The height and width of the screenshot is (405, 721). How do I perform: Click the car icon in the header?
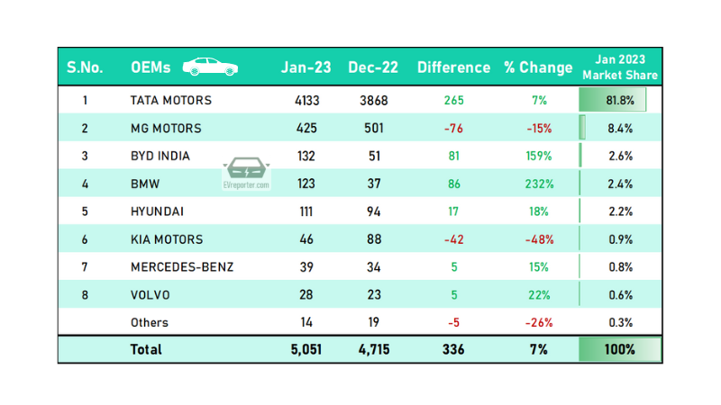210,67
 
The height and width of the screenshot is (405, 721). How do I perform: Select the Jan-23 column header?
305,67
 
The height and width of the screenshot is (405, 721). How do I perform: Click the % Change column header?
538,67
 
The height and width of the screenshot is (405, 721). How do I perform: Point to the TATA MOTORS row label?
171,100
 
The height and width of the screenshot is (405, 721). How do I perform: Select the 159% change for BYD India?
539,156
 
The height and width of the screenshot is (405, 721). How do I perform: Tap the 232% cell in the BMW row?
539,184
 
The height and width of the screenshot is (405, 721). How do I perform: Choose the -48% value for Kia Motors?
539,239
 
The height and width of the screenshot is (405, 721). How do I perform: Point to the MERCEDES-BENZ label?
182,267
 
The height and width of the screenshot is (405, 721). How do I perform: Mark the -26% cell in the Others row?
539,322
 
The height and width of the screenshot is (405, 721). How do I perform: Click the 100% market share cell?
620,349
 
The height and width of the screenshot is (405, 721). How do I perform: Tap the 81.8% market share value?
620,100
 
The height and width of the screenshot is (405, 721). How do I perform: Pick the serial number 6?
85,239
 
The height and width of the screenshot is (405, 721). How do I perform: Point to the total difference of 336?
452,349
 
